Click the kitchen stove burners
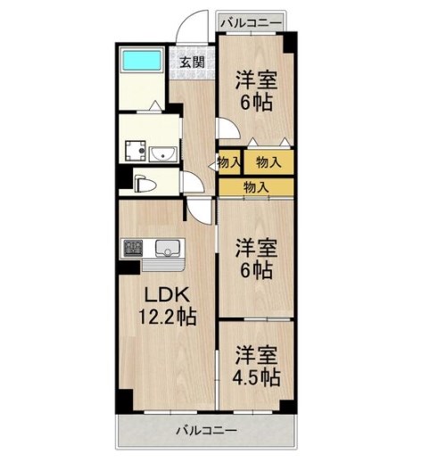[132, 246]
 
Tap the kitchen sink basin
[167, 247]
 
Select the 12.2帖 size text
[168, 317]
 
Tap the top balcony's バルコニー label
[252, 20]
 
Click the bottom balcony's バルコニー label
[205, 431]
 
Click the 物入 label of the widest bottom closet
[256, 187]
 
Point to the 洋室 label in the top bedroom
[257, 78]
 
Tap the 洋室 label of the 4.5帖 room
[257, 355]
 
